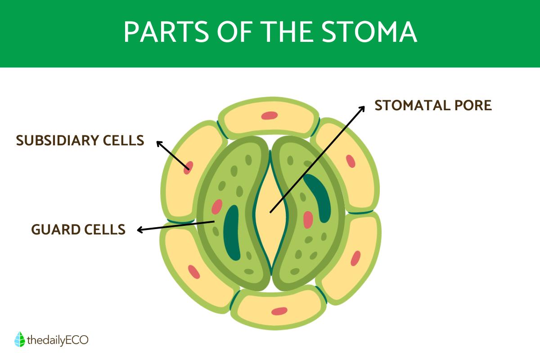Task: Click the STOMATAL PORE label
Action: point(433,106)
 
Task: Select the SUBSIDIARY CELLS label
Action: point(80,140)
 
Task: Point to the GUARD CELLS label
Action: point(78,229)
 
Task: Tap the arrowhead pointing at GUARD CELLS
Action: point(140,230)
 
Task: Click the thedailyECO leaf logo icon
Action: point(19,340)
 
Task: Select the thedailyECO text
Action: point(57,340)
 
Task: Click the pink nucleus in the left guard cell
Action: point(217,207)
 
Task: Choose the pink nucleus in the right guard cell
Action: point(308,220)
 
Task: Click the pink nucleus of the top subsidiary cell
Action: point(270,116)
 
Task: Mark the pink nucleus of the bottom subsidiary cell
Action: point(279,311)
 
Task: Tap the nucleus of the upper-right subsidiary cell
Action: point(351,161)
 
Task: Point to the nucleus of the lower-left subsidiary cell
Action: point(194,271)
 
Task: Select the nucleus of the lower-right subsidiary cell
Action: point(355,258)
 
